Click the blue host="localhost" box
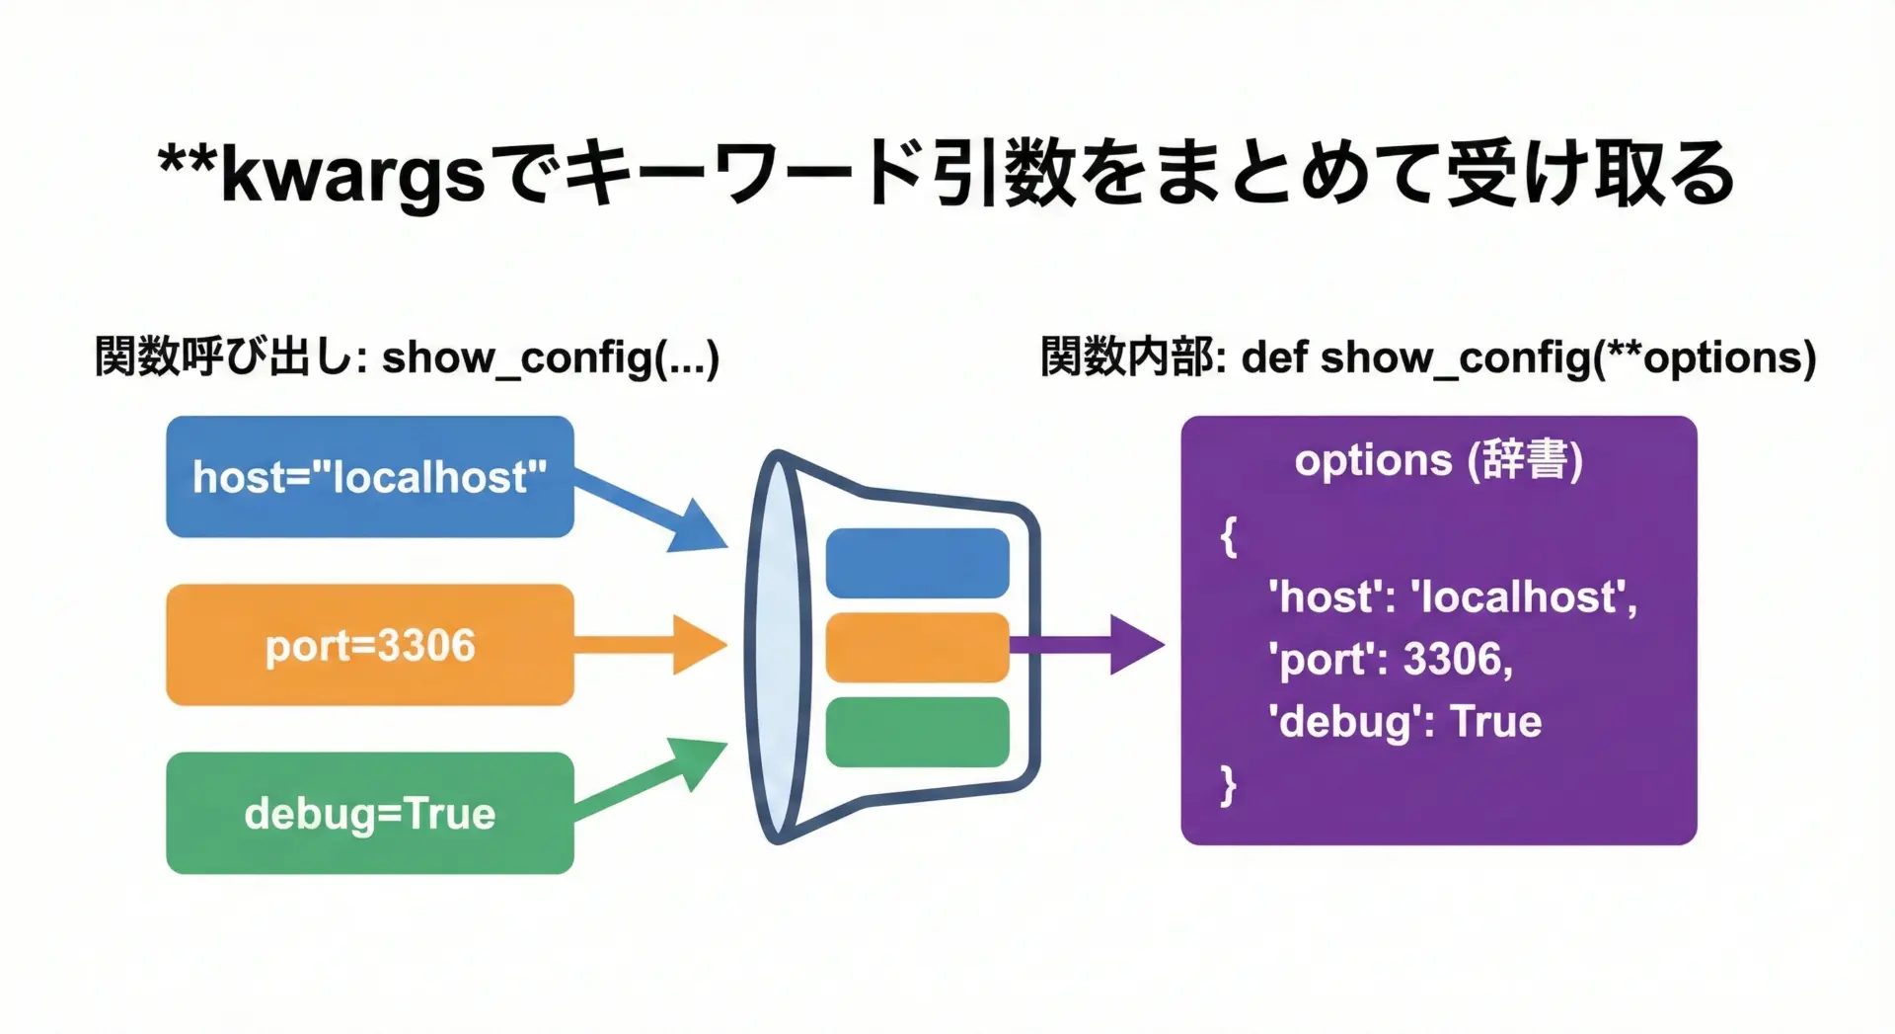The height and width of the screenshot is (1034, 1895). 369,477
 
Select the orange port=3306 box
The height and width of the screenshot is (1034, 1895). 369,645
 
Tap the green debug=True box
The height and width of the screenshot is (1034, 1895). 369,813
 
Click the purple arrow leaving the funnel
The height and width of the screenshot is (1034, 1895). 1086,645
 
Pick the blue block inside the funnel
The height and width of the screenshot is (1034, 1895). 917,563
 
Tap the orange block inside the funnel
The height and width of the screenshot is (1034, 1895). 917,647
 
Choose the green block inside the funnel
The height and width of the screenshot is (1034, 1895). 917,732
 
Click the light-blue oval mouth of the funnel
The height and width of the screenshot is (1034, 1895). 779,647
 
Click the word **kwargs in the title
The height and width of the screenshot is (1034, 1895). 322,174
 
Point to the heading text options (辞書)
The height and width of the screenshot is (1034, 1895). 1438,460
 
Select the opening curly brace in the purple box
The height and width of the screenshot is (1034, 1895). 1229,538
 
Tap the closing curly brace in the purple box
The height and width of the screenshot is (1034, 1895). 1229,785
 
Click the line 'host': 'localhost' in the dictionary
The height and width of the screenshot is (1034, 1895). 1452,597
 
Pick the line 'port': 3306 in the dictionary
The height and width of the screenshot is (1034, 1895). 1390,660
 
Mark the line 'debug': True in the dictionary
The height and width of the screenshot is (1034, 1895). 1404,722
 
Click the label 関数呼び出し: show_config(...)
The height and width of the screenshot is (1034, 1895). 407,358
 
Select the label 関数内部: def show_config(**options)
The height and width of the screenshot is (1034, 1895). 1427,358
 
